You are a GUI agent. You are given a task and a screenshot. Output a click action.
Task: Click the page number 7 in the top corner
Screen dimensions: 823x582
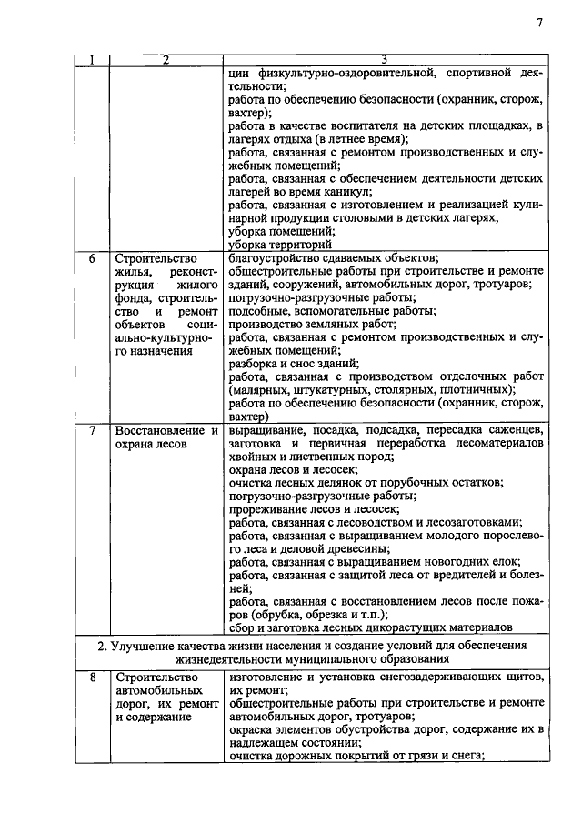tap(538, 24)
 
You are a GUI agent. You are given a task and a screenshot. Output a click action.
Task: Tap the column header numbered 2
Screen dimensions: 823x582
tap(165, 61)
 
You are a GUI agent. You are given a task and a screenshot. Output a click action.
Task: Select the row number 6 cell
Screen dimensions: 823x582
tap(92, 259)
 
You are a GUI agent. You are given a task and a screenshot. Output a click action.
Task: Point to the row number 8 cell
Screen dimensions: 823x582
tap(92, 677)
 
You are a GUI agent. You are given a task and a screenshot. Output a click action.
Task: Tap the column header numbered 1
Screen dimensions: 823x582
tap(92, 61)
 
